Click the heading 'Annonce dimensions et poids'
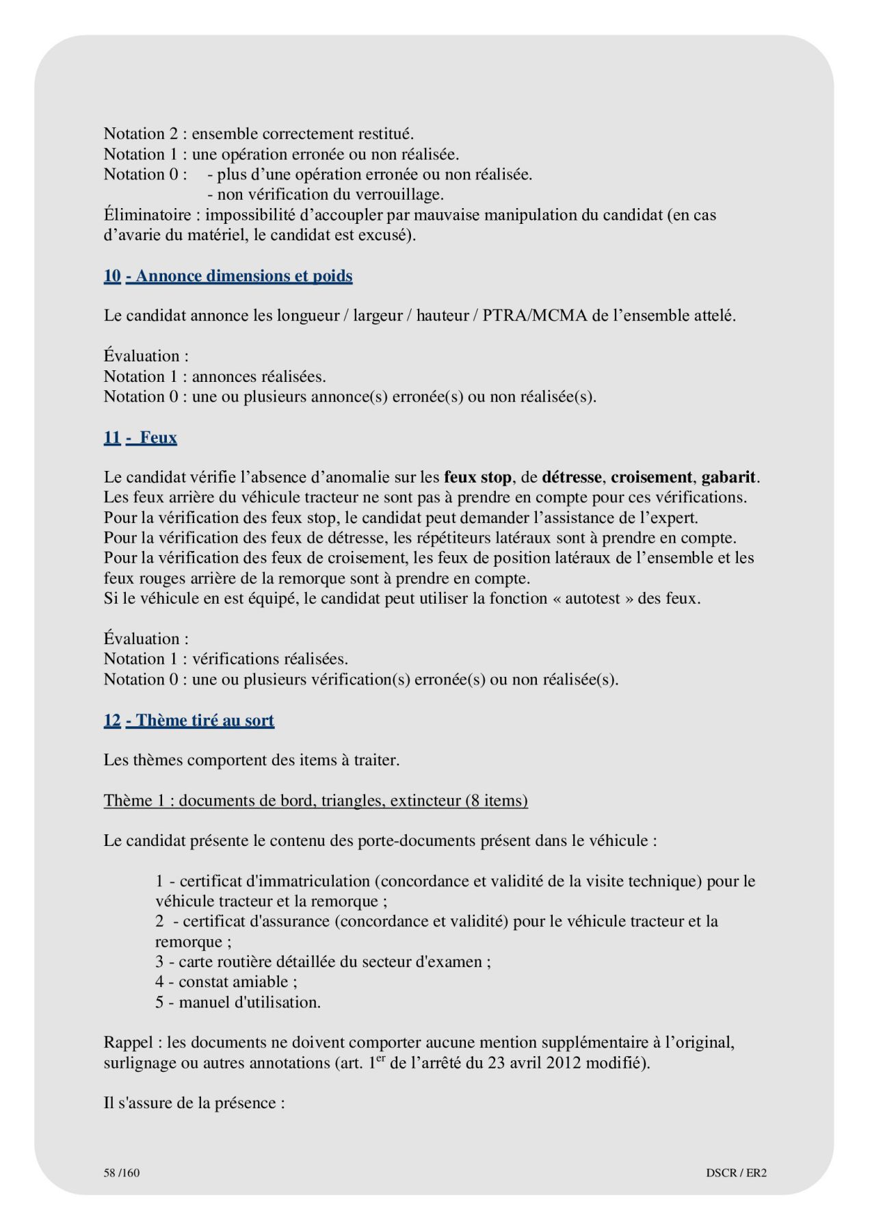243,276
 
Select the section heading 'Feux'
158,437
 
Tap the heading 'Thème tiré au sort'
205,720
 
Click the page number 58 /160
122,1172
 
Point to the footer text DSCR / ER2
736,1172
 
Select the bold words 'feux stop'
477,477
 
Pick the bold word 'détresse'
571,477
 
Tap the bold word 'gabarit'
729,477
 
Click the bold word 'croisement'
651,477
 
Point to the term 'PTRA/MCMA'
534,316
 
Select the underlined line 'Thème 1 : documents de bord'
315,800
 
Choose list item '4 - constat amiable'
226,981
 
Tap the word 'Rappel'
128,1042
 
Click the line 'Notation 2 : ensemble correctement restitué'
259,133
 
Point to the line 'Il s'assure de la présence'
194,1103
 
